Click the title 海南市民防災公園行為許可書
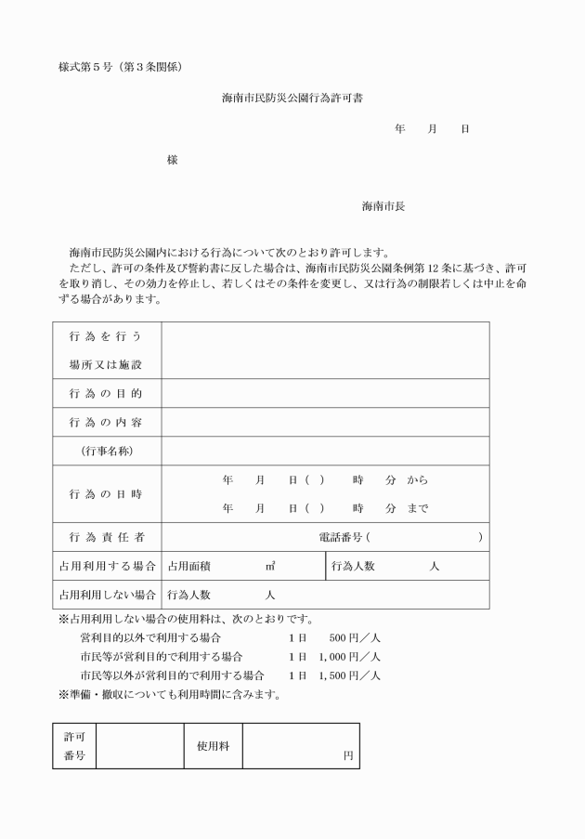pos(292,98)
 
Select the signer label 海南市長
pos(383,206)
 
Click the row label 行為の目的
pos(105,394)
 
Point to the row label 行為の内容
pos(105,423)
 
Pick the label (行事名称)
pos(105,452)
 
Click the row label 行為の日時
pos(105,494)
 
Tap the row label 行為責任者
pos(105,538)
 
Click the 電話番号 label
pos(340,538)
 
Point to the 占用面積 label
pos(188,567)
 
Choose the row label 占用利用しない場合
pos(107,595)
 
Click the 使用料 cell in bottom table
pos(213,746)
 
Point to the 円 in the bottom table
pos(347,756)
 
